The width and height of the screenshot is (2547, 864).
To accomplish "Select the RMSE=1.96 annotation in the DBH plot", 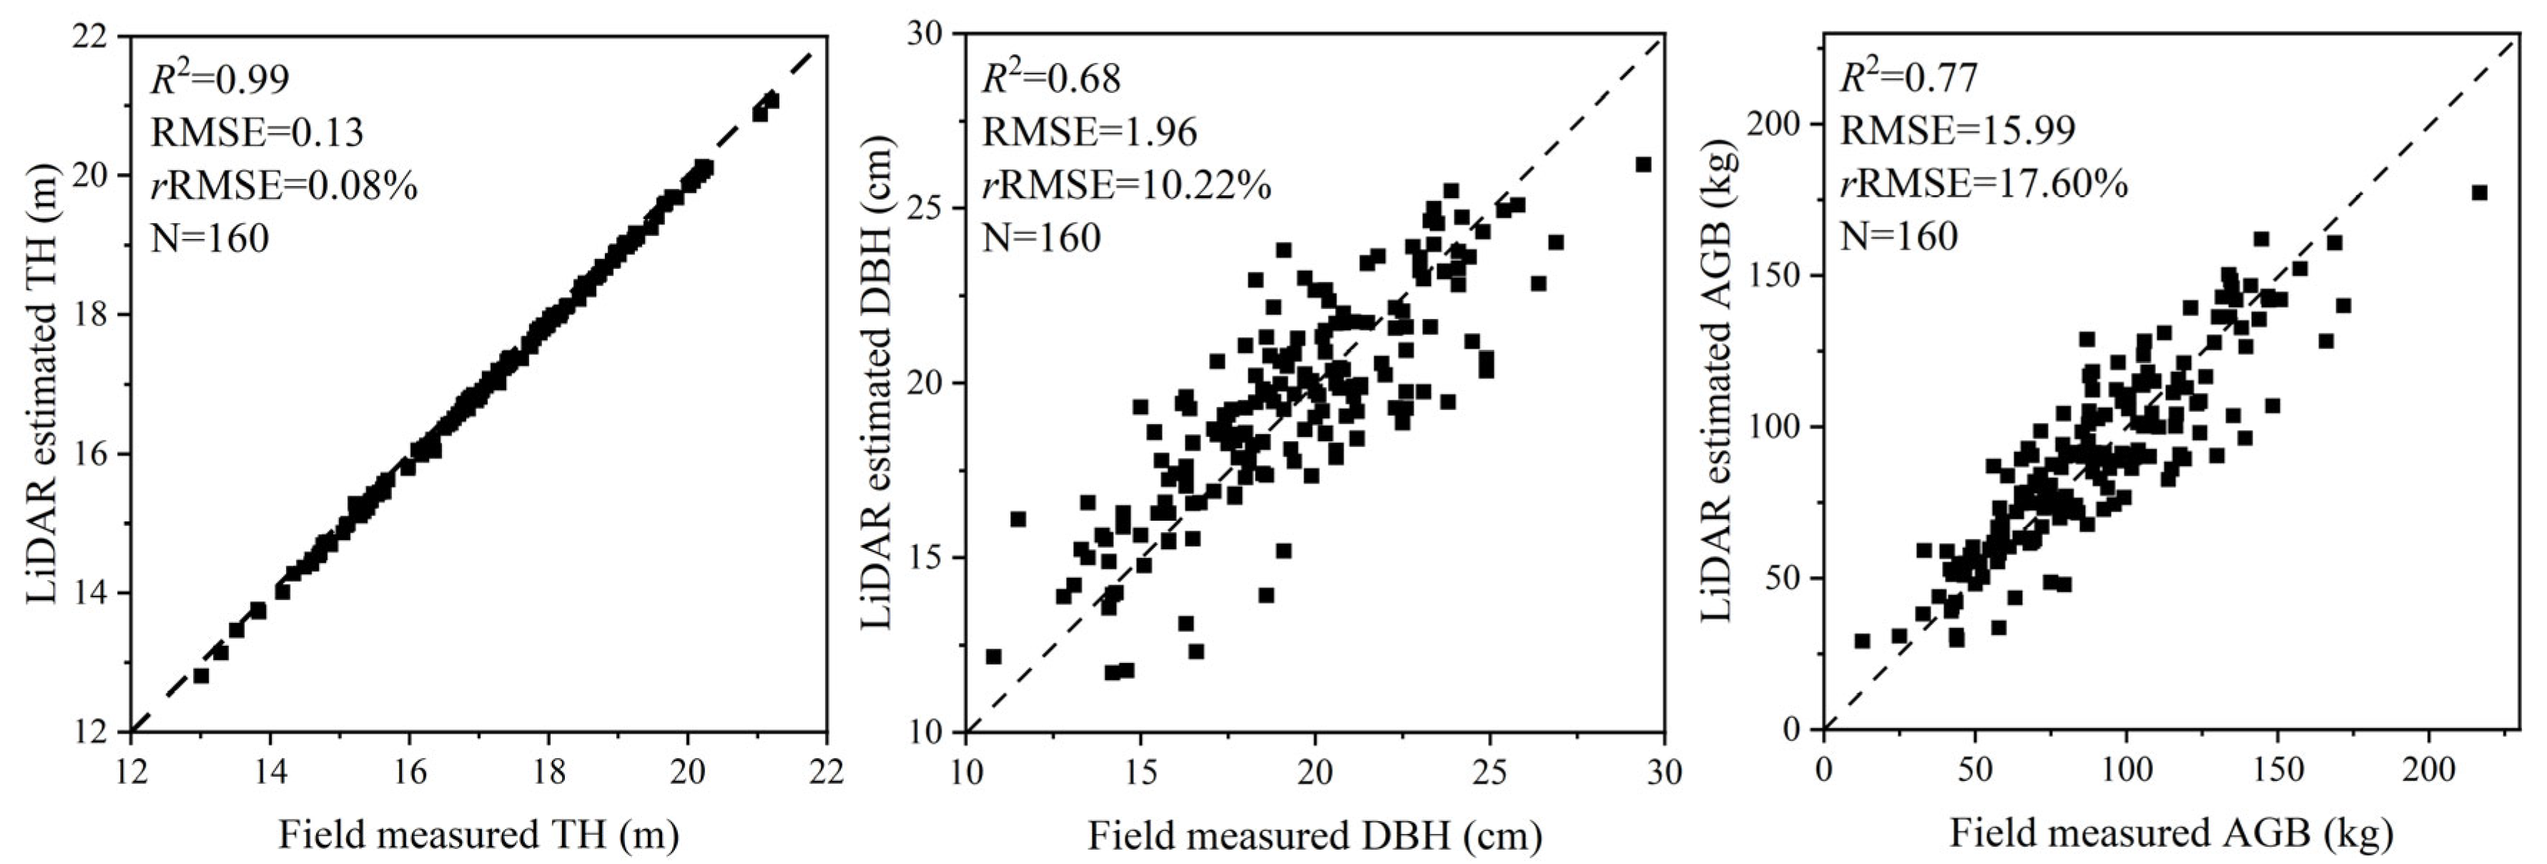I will [x=1088, y=132].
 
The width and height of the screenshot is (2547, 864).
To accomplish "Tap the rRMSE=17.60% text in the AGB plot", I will [x=1984, y=184].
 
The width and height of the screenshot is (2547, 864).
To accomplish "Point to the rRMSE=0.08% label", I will [x=284, y=185].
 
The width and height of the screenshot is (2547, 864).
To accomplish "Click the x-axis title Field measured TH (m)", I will [x=478, y=835].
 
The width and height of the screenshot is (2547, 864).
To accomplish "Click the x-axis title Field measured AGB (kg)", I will [x=2170, y=833].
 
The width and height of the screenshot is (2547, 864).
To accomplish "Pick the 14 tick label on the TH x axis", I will [x=270, y=771].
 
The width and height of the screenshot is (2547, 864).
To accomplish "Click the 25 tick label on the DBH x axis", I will [x=1489, y=771].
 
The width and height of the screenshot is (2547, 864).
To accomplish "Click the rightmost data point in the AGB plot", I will [x=2479, y=193].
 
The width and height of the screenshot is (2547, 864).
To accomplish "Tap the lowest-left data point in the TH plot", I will [x=201, y=675].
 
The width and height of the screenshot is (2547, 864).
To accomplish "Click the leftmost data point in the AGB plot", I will [x=1862, y=641].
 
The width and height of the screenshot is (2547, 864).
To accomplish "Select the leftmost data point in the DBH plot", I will [x=994, y=657].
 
